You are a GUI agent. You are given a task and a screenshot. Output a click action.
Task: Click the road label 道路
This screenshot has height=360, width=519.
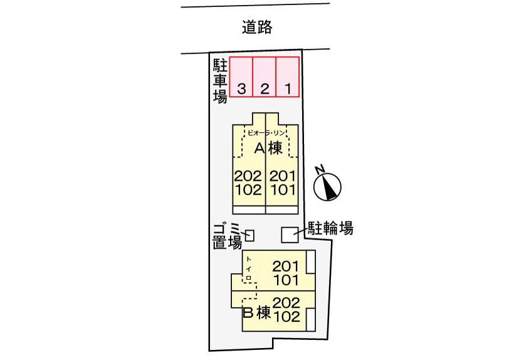click(x=257, y=27)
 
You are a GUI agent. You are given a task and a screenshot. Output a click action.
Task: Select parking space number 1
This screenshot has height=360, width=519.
click(x=288, y=77)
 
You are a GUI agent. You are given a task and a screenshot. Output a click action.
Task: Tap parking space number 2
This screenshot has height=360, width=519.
click(x=265, y=77)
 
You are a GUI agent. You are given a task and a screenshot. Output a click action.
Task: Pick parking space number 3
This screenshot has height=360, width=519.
click(x=241, y=77)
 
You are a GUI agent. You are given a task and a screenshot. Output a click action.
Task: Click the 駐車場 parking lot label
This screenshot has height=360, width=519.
click(x=220, y=81)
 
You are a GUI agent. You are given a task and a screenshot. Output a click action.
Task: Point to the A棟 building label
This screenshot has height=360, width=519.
click(x=268, y=148)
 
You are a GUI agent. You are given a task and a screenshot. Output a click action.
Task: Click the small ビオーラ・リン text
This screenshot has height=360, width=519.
click(x=266, y=133)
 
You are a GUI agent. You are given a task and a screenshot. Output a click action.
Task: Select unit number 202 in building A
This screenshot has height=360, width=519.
click(x=248, y=176)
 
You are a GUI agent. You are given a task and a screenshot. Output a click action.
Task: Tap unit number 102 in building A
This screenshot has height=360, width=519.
click(x=248, y=190)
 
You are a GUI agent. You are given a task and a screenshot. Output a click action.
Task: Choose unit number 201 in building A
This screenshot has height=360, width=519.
click(x=282, y=176)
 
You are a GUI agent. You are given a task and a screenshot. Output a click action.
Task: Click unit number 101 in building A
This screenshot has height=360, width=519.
click(x=282, y=190)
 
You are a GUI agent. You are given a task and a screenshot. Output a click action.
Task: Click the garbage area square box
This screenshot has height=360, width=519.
click(x=249, y=235)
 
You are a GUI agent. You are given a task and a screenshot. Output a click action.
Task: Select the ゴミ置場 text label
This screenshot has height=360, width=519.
click(x=227, y=236)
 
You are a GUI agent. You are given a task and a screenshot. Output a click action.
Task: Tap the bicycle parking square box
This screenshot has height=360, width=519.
click(x=290, y=235)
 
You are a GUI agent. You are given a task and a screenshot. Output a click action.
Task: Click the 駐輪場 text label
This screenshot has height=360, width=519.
click(x=330, y=228)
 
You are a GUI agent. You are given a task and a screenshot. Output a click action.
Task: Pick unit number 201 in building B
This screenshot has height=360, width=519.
click(x=285, y=267)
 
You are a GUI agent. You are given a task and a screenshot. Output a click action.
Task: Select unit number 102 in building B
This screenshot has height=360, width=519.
click(x=286, y=316)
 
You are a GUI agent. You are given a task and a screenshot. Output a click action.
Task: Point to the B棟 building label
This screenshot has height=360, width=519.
click(x=257, y=312)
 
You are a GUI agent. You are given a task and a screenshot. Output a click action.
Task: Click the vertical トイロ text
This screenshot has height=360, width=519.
click(x=249, y=268)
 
